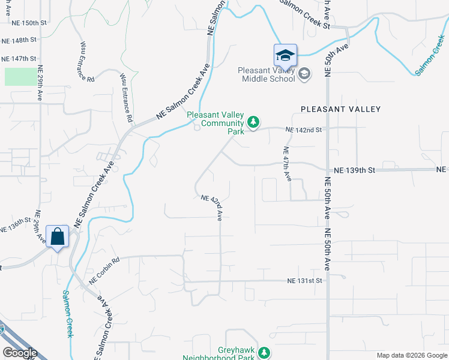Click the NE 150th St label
(29, 23)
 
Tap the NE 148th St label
(19, 40)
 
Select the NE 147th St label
(19, 59)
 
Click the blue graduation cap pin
(286, 56)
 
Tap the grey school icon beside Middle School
(304, 74)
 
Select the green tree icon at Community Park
(253, 123)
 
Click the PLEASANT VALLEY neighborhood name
(340, 109)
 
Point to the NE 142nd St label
(304, 130)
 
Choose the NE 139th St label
(354, 170)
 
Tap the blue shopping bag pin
(58, 236)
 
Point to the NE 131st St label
(304, 280)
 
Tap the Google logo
(19, 353)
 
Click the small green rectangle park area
(20, 76)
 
